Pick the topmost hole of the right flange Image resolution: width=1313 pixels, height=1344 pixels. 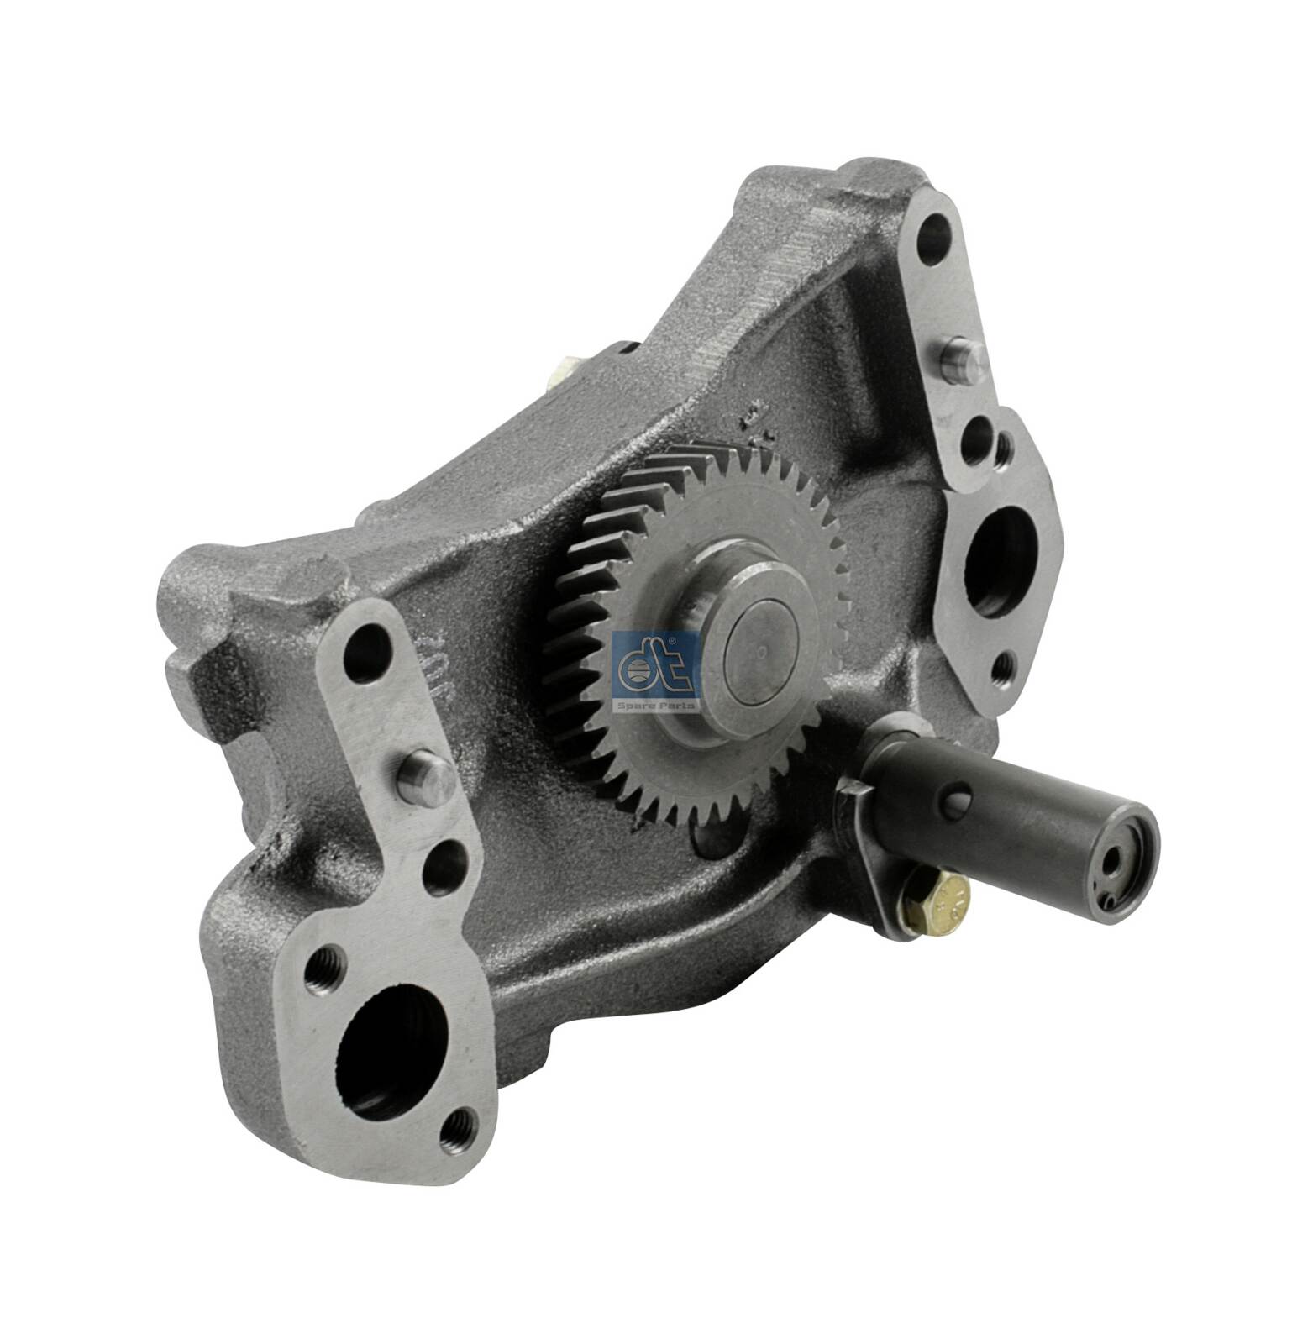coord(933,242)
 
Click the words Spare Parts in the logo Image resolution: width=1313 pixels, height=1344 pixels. coord(657,705)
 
